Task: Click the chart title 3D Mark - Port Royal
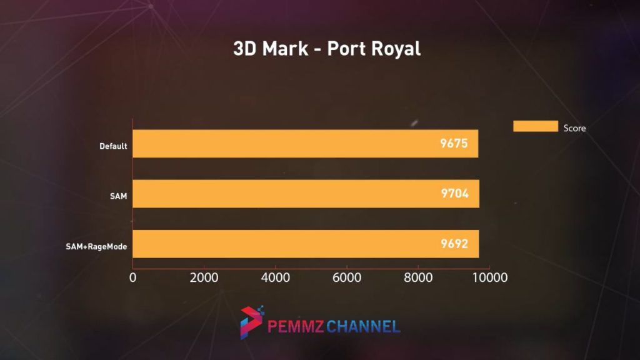pyautogui.click(x=327, y=49)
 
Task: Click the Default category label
pyautogui.click(x=113, y=147)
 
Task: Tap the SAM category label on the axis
pyautogui.click(x=118, y=196)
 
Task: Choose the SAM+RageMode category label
pyautogui.click(x=96, y=247)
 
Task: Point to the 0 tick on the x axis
pyautogui.click(x=132, y=277)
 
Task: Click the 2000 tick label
pyautogui.click(x=204, y=277)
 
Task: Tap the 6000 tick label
pyautogui.click(x=347, y=277)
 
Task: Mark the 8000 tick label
pyautogui.click(x=418, y=277)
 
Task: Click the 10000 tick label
pyautogui.click(x=489, y=277)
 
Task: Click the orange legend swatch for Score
pyautogui.click(x=535, y=126)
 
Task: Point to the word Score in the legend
pyautogui.click(x=574, y=128)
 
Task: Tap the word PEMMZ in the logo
pyautogui.click(x=295, y=326)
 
